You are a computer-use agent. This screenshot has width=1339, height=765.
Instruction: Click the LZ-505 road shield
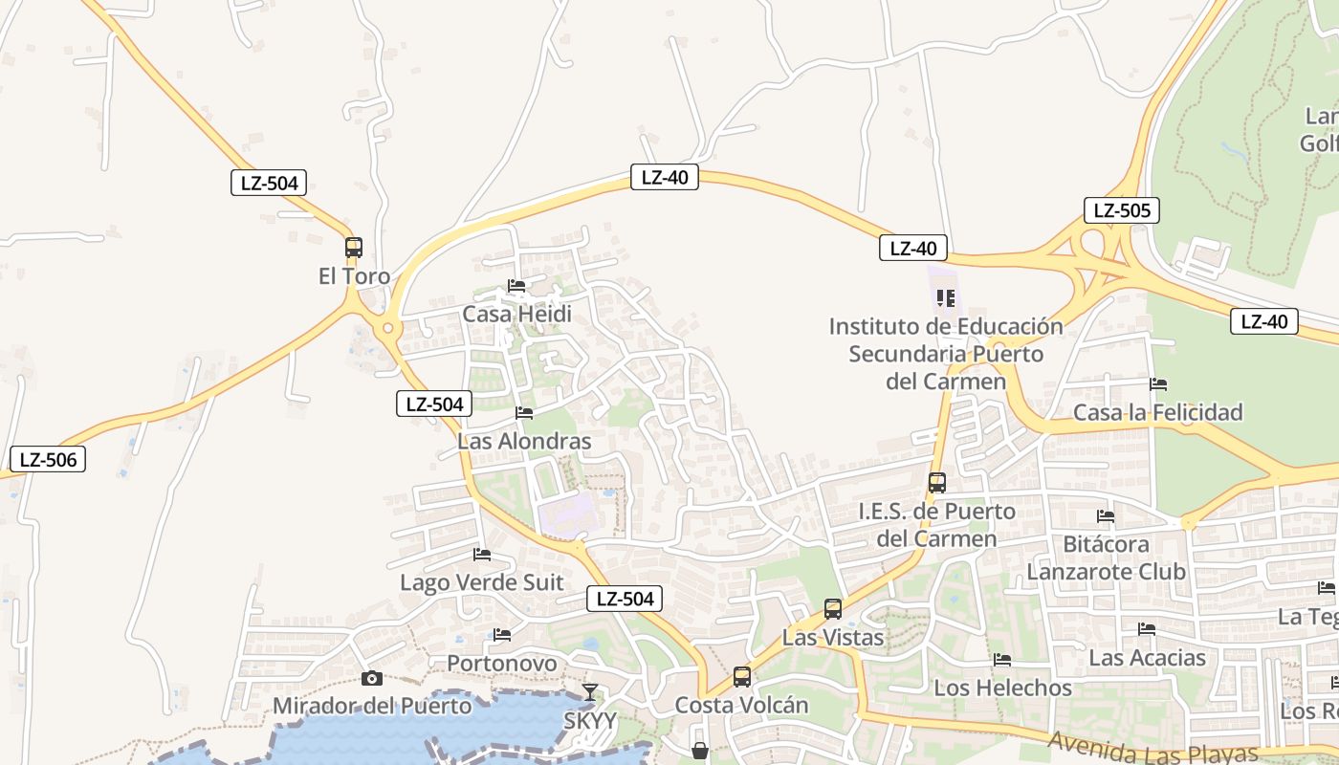[1121, 210]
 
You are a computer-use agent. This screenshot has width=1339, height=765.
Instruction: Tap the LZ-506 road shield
[48, 459]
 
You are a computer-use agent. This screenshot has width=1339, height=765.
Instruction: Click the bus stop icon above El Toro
[354, 248]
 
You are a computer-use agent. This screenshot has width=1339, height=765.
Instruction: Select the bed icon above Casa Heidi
[516, 286]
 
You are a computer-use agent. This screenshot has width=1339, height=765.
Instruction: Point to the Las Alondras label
[524, 441]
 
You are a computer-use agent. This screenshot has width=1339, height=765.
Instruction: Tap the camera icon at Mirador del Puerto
[372, 679]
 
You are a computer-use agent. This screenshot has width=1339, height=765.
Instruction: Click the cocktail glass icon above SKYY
[590, 692]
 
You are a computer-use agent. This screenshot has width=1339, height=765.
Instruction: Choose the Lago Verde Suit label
[481, 582]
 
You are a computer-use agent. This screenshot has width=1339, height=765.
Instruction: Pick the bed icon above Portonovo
[502, 635]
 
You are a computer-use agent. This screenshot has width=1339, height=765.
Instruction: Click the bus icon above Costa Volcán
[741, 677]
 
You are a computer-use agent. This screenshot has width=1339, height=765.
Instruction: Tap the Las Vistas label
[833, 637]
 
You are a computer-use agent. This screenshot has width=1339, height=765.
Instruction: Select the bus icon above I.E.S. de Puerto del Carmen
[936, 483]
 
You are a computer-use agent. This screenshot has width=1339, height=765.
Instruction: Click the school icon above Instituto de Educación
[946, 298]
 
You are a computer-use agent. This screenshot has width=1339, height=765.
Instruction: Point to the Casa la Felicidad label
[1157, 412]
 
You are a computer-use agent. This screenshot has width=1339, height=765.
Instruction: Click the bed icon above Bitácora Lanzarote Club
[1106, 516]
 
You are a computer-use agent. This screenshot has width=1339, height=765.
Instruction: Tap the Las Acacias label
[1147, 658]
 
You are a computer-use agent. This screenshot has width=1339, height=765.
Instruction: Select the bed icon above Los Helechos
[1002, 660]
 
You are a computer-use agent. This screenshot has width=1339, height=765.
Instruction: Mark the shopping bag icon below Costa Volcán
[700, 752]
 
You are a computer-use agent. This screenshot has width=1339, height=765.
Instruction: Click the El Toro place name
[354, 276]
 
